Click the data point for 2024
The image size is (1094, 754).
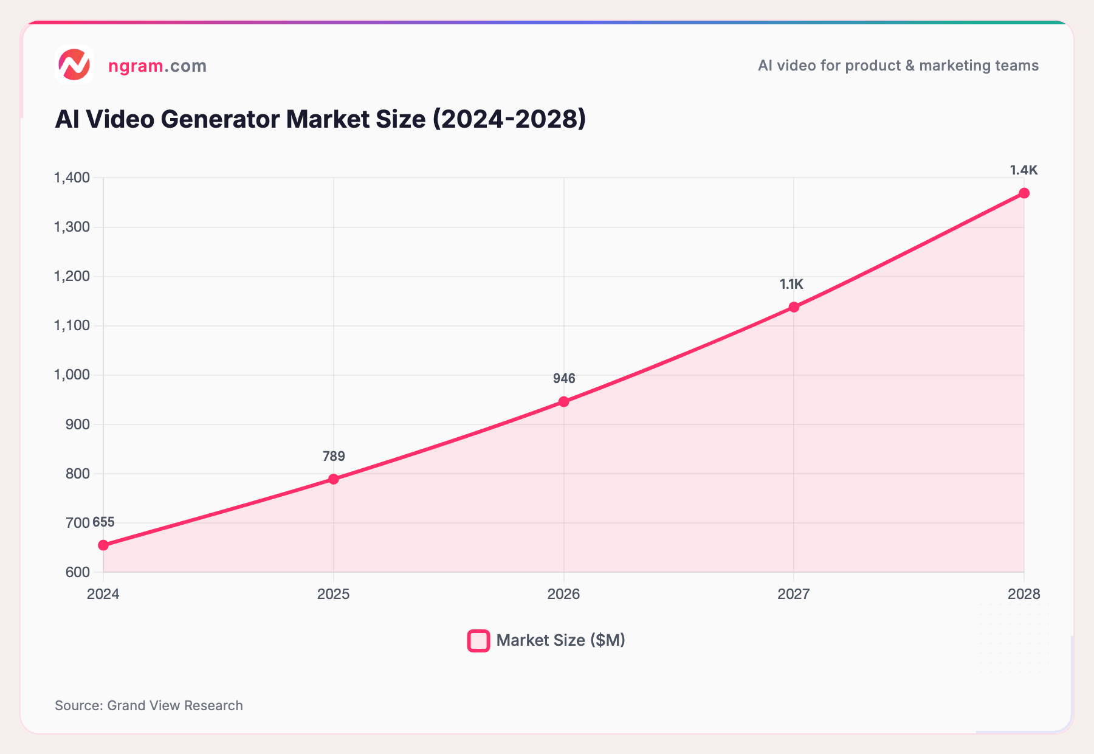coord(103,545)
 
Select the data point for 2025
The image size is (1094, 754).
coord(334,479)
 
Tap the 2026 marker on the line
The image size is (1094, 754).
coord(564,401)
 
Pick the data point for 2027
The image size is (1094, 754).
coord(794,307)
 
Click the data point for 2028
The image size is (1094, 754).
coord(1024,193)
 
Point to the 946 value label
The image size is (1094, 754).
coord(564,379)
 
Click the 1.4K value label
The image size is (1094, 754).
coord(1023,170)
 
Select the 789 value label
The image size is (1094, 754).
coord(334,456)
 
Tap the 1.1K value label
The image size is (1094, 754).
coord(791,284)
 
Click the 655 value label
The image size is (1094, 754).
coord(104,522)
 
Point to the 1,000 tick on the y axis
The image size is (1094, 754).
coord(72,375)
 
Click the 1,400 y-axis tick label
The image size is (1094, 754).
coord(72,178)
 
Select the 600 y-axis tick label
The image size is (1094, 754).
coord(78,572)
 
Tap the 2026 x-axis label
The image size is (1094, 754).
coord(563,594)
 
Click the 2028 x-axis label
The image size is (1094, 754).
coord(1023,594)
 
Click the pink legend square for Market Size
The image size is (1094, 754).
coord(478,641)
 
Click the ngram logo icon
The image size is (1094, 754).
coord(74,64)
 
